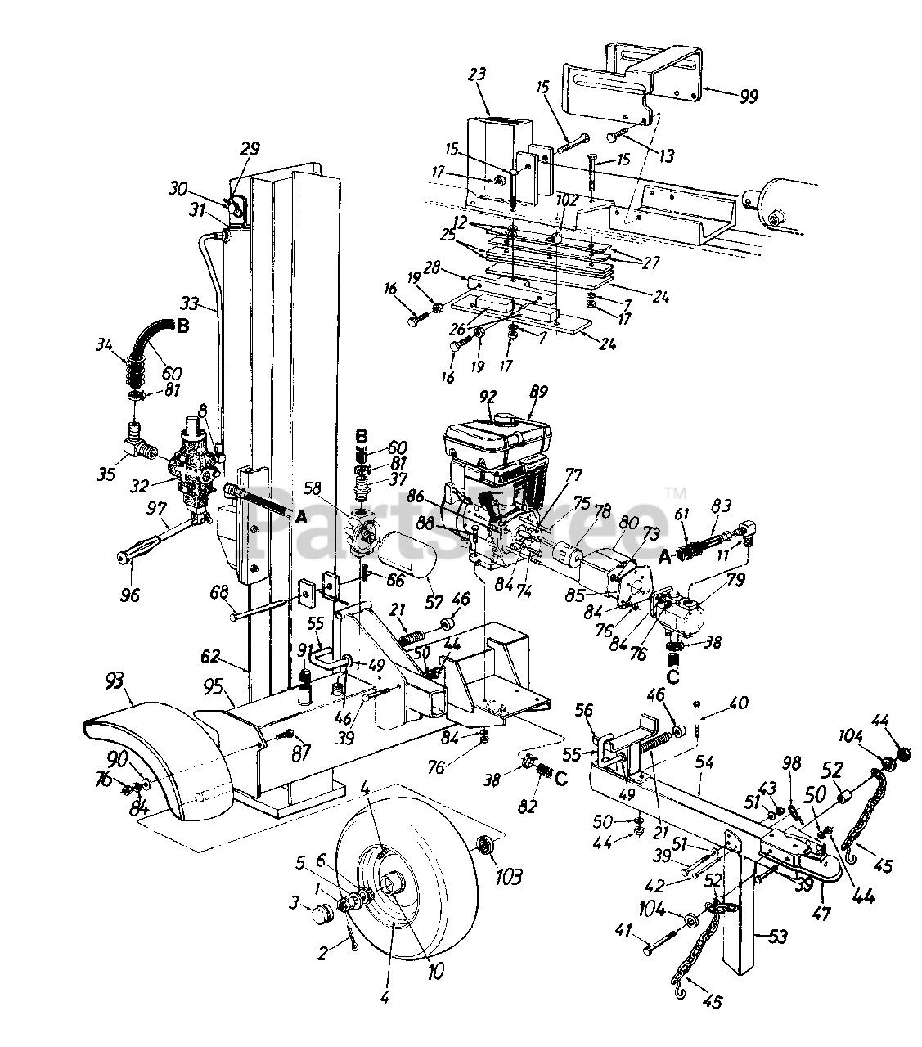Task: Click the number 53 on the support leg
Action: point(778,935)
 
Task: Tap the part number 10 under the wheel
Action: point(434,971)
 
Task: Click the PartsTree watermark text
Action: point(458,523)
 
